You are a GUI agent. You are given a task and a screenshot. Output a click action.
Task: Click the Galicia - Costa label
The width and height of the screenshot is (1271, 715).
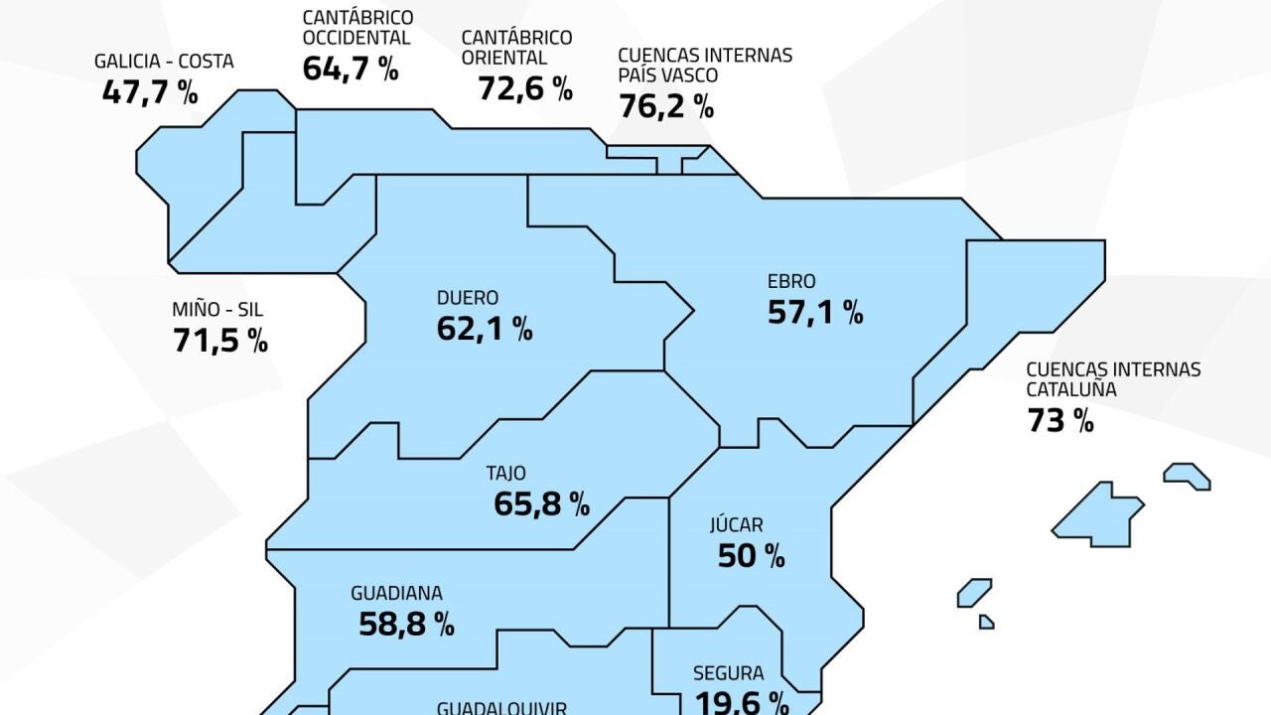(164, 62)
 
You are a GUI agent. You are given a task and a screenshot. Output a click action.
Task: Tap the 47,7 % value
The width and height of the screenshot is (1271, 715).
(150, 92)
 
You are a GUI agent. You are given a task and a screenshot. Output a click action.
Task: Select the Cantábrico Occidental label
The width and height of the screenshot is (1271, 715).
(357, 28)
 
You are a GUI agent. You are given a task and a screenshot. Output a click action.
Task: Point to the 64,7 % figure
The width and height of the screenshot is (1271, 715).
(350, 70)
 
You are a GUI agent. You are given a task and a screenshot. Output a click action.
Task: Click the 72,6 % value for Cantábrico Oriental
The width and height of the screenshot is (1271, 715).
(525, 88)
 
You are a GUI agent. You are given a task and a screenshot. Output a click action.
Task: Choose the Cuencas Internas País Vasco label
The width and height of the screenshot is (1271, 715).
(704, 65)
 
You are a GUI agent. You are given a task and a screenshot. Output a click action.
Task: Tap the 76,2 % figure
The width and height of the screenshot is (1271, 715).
(666, 105)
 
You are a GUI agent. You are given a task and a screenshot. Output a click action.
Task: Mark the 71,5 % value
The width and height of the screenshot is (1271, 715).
(220, 340)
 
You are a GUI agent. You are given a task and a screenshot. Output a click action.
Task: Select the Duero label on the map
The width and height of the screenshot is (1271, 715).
(468, 298)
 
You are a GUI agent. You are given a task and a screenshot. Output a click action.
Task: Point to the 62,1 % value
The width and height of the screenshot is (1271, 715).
(485, 329)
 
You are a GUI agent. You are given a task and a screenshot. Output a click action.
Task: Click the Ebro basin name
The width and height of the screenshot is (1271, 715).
(791, 282)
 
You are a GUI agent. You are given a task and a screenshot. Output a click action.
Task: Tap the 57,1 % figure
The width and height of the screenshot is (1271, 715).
(815, 312)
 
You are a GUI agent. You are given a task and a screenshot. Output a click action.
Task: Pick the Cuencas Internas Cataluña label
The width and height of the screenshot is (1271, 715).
(1112, 379)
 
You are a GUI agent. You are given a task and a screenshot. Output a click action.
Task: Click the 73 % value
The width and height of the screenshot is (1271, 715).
(1060, 420)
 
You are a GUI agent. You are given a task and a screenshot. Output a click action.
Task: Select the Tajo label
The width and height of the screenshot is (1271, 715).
(506, 474)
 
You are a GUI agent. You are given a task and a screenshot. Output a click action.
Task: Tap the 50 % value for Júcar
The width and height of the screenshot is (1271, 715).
(752, 556)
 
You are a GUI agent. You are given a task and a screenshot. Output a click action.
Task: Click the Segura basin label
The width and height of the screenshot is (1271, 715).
(729, 672)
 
